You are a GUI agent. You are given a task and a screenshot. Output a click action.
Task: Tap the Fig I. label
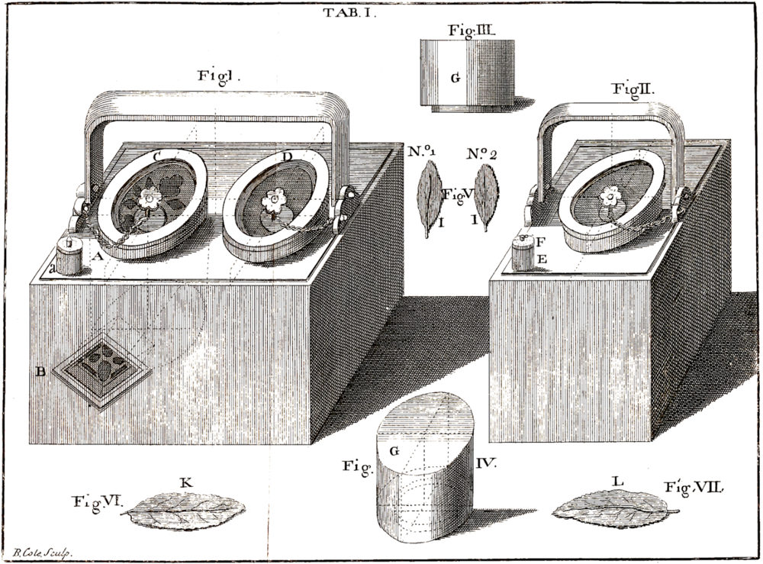220,76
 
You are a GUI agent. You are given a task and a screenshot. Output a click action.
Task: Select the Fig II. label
633,89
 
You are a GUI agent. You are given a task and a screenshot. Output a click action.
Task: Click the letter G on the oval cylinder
394,451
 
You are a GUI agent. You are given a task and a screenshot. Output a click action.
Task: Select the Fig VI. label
97,501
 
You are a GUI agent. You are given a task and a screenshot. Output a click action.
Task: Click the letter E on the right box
540,259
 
